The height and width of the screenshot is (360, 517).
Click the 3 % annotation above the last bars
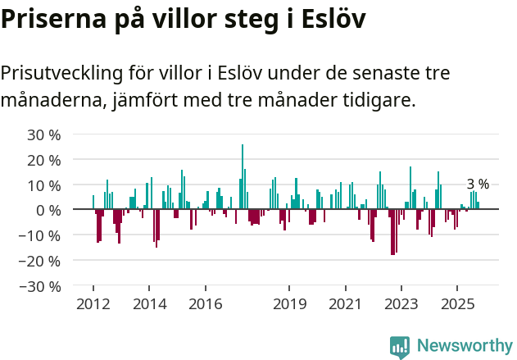(x=478, y=184)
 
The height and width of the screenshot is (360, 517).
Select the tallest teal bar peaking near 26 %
(x=243, y=176)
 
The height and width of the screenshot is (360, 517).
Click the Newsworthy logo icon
(x=400, y=346)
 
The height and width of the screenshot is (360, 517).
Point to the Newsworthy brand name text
(x=464, y=346)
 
